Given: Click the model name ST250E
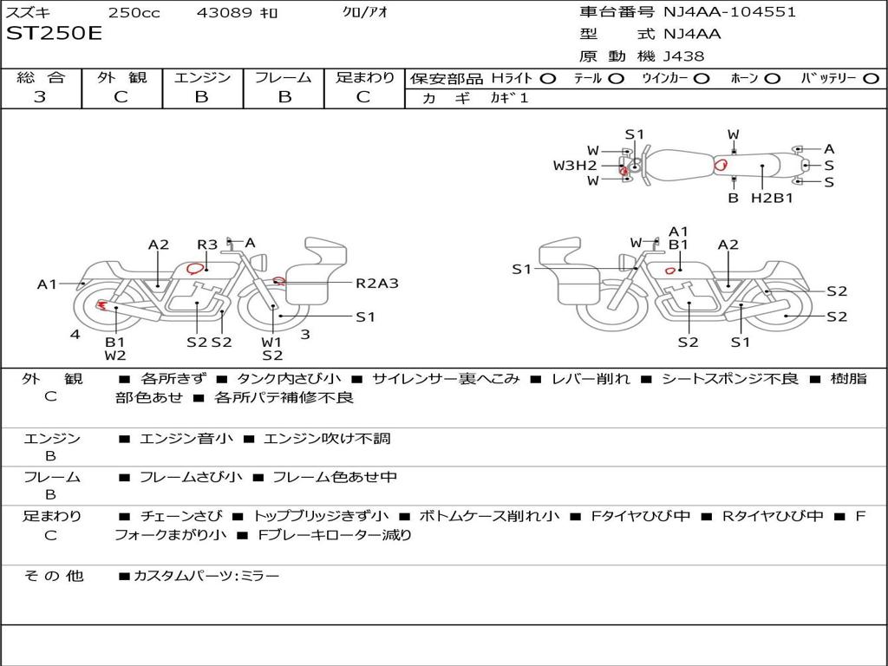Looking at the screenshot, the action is coord(54,34).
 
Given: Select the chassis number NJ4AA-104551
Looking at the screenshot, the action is coord(729,12).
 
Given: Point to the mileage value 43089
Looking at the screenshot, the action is coord(225,13).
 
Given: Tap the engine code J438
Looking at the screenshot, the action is coord(684,56).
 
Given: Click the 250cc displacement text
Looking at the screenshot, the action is coord(134,13).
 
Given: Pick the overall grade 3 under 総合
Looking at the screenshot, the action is coord(40,97).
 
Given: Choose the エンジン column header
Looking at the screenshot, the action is coord(202,77).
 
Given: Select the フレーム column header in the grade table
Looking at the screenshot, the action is coord(284,77).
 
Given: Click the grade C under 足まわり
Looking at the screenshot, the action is coord(363,97).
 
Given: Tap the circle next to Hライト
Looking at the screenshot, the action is coord(548,78).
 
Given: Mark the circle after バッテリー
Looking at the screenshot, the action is coord(872,78).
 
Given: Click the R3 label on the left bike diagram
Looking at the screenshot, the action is coord(207,245).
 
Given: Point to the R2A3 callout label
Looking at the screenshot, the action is coord(377,283).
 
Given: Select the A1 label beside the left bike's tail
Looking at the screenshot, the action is coord(47,284).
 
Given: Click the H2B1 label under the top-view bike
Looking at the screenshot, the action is coord(772,198).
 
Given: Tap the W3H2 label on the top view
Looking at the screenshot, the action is coord(575,165).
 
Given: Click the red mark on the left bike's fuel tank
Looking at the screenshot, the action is coord(195,269).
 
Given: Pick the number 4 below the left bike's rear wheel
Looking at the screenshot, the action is coord(75,334).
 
